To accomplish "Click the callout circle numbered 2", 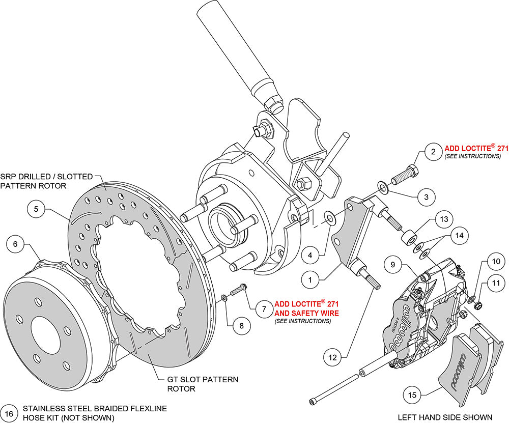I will (x=433, y=151).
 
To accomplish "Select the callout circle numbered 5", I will (x=36, y=208).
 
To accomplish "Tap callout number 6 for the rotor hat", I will (x=15, y=244).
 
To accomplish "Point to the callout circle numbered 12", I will (x=332, y=357).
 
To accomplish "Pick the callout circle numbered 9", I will (x=393, y=265).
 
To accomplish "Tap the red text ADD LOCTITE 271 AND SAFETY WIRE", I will (x=306, y=307).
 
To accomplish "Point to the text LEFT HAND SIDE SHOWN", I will (x=446, y=417).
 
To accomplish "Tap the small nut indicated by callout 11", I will (x=478, y=305).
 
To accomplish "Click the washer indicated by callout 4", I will (x=330, y=219).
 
